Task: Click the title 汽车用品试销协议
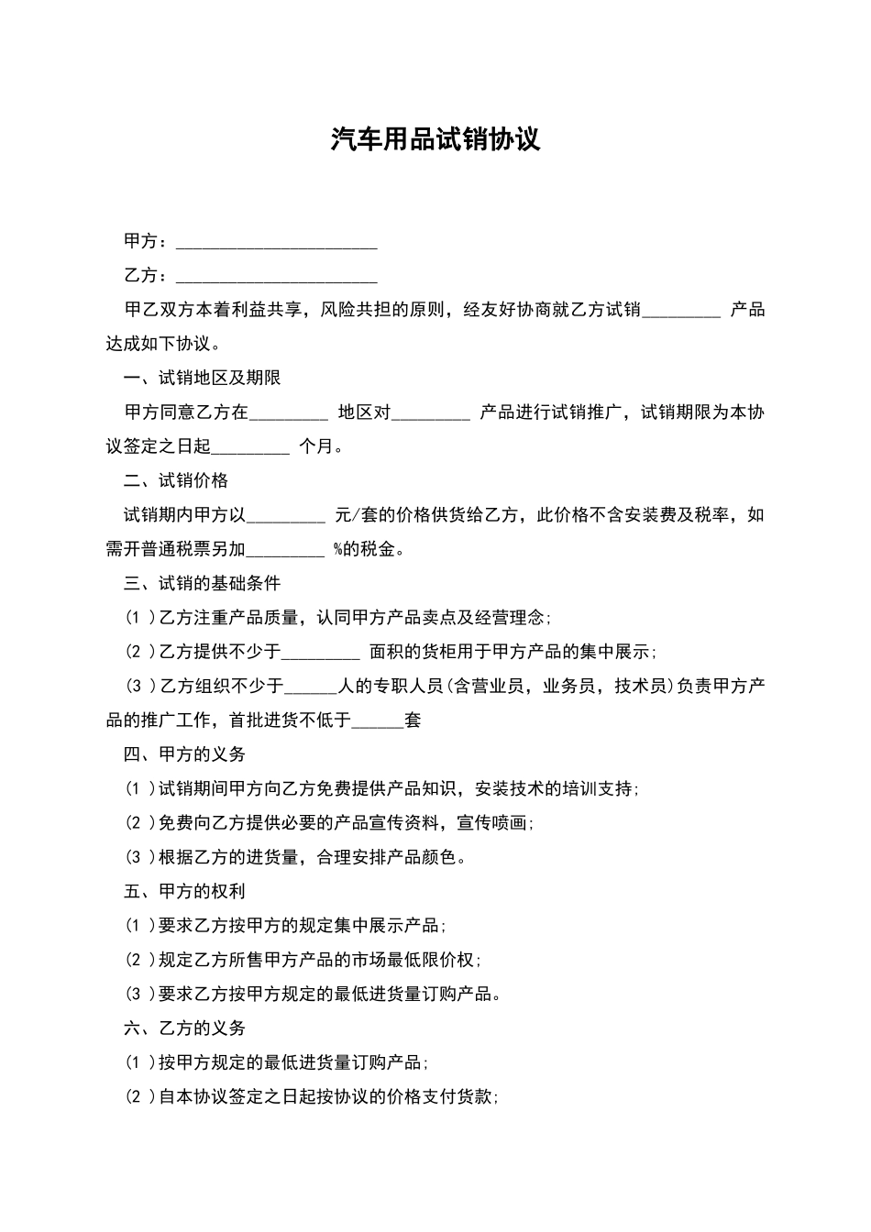[x=435, y=139]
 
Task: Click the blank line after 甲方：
[x=276, y=242]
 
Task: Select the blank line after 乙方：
[x=276, y=277]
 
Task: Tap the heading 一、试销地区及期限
[x=203, y=378]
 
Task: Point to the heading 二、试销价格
[x=176, y=480]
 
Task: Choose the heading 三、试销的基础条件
[x=203, y=583]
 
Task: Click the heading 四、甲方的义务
[x=185, y=754]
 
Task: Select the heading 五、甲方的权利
[x=185, y=891]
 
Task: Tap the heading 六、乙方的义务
[x=185, y=1028]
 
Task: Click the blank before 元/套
[x=286, y=516]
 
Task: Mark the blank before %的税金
[x=286, y=550]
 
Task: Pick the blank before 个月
[x=250, y=447]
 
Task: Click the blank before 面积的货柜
[x=321, y=653]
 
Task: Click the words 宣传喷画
[x=491, y=823]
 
